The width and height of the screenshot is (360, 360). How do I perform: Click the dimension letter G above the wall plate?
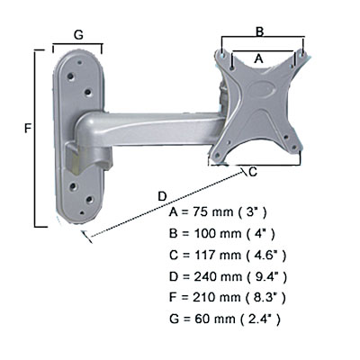(78, 35)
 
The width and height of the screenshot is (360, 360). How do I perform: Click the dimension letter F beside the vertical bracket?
(28, 129)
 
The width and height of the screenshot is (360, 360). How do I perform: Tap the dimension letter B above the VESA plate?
(259, 31)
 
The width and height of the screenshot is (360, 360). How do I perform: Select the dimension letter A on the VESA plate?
(258, 58)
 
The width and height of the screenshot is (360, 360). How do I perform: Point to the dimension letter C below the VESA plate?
(253, 172)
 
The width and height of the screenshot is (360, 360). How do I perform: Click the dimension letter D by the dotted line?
(162, 196)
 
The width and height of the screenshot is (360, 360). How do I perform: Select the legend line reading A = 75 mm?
(218, 212)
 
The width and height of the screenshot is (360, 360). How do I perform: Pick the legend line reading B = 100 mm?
(221, 234)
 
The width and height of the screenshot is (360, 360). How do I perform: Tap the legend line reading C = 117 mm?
(228, 256)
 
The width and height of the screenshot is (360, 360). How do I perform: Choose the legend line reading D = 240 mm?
(228, 276)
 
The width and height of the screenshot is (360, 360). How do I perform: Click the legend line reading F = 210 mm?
(228, 298)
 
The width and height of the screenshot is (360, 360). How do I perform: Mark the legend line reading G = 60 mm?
(225, 319)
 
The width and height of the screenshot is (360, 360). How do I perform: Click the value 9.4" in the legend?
(265, 276)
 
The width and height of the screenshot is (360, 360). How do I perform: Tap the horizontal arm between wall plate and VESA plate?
(156, 129)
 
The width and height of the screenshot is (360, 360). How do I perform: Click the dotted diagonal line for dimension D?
(165, 203)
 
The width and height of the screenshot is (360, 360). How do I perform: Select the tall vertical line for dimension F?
(35, 139)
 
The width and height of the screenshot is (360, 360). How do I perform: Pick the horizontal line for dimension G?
(77, 45)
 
